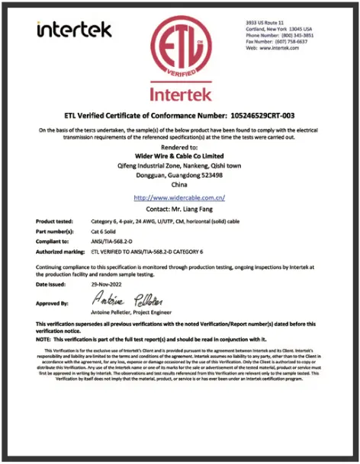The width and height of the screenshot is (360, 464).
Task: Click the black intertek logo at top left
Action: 74,30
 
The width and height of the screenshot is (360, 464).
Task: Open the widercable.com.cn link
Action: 179,197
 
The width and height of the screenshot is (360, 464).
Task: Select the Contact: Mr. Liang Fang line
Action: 179,208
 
